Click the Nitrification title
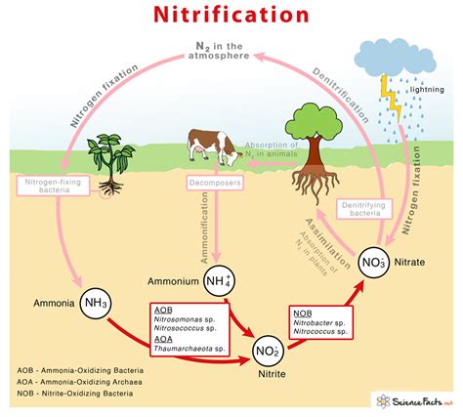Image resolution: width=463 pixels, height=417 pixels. coord(231,18)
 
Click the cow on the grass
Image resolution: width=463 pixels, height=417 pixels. coord(213,146)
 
